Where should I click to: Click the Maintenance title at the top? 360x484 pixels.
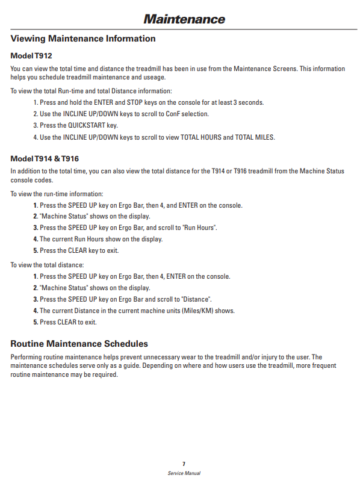click(184, 19)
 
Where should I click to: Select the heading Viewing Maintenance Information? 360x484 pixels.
click(83, 39)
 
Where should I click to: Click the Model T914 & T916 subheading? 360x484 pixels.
click(45, 159)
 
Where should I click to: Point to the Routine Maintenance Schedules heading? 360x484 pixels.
click(79, 344)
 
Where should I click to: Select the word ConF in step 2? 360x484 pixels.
click(173, 114)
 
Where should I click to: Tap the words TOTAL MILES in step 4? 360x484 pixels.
click(255, 137)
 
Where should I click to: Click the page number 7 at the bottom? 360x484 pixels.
click(184, 464)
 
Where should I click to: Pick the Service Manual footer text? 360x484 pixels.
click(184, 473)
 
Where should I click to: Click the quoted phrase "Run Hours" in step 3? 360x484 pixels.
click(200, 228)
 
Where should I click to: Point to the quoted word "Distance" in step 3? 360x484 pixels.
click(197, 299)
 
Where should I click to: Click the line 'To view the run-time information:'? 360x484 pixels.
click(57, 194)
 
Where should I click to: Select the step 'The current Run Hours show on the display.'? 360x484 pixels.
click(101, 239)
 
